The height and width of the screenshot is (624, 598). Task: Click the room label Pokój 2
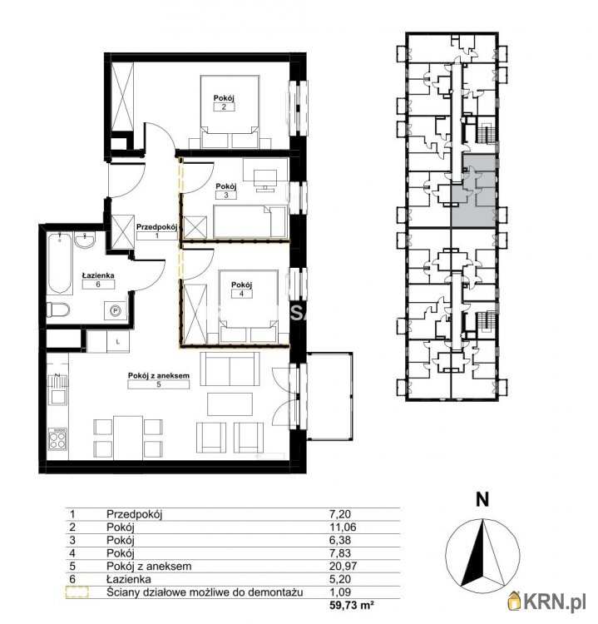click(x=224, y=98)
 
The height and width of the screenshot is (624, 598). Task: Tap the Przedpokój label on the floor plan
click(x=156, y=227)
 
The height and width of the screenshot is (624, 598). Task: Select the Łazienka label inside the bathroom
click(x=98, y=275)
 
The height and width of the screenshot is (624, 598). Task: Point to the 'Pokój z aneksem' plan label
click(x=158, y=375)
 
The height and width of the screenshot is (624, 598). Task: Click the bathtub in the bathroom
click(x=59, y=264)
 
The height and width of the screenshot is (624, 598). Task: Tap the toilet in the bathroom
click(x=57, y=310)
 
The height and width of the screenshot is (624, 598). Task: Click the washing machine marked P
click(x=116, y=311)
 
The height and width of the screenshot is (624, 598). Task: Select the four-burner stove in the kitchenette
click(x=57, y=439)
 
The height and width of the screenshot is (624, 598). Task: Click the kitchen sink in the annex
click(x=57, y=397)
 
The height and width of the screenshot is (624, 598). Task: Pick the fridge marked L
click(x=118, y=341)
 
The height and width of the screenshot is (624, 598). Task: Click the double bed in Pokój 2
click(x=230, y=112)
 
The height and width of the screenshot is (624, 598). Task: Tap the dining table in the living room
click(x=128, y=437)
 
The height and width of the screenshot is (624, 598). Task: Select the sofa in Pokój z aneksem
click(x=230, y=369)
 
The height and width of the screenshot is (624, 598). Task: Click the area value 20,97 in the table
click(x=343, y=566)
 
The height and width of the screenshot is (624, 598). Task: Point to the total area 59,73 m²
click(x=352, y=606)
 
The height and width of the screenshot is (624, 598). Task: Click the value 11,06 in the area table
click(x=343, y=527)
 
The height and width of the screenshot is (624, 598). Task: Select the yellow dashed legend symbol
click(x=77, y=592)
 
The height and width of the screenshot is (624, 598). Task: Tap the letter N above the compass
click(x=482, y=499)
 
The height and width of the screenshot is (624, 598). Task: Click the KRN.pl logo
click(x=547, y=601)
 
